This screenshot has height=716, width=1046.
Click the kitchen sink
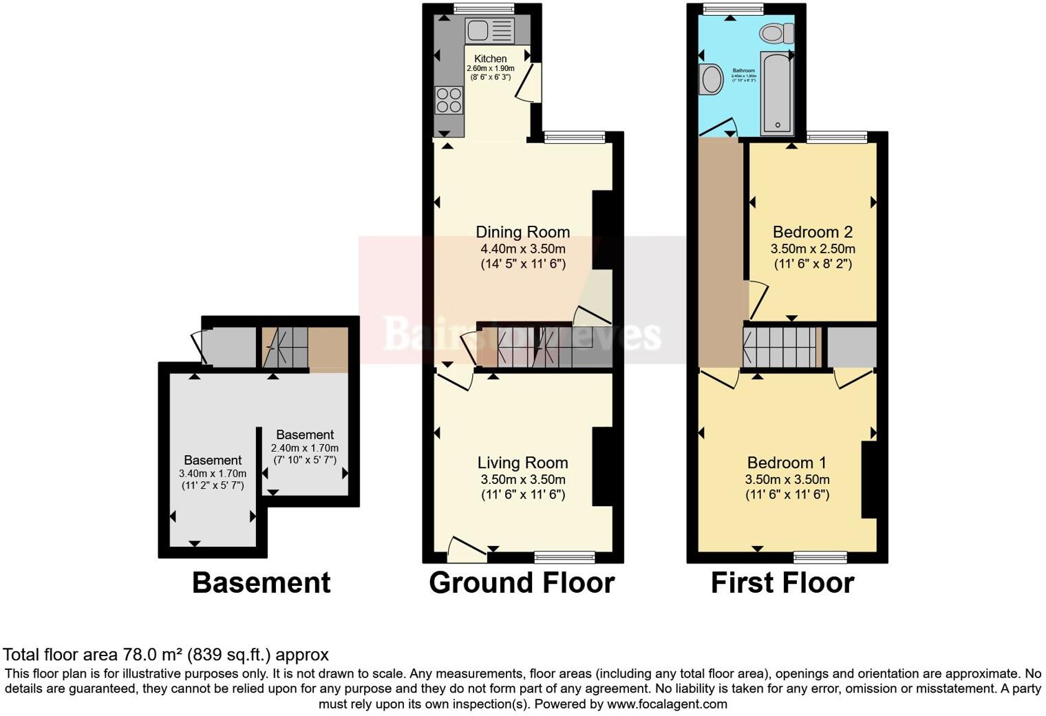pyautogui.click(x=489, y=30)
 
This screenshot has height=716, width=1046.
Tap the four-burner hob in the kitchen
pyautogui.click(x=449, y=101)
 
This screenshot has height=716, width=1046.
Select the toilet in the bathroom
pyautogui.click(x=777, y=32)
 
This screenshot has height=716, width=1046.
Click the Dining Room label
pyautogui.click(x=523, y=232)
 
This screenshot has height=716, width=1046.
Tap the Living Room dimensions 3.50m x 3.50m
pyautogui.click(x=523, y=479)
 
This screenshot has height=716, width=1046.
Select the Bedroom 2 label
pyautogui.click(x=813, y=232)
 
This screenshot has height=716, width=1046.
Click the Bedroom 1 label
pyautogui.click(x=787, y=463)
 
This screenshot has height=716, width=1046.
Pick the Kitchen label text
pyautogui.click(x=491, y=59)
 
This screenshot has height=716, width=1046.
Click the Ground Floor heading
pyautogui.click(x=522, y=583)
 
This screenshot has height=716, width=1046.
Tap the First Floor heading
pyautogui.click(x=782, y=583)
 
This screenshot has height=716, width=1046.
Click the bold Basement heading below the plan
pyautogui.click(x=261, y=583)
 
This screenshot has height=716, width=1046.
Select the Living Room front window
pyautogui.click(x=564, y=556)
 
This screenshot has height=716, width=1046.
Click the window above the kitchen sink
pyautogui.click(x=484, y=9)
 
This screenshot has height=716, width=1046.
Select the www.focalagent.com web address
pyautogui.click(x=667, y=704)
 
